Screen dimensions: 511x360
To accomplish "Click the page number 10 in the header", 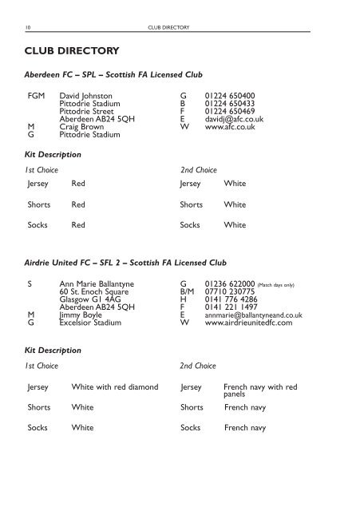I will (29, 26).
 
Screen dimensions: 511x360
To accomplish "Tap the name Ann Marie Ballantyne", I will (99, 283).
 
